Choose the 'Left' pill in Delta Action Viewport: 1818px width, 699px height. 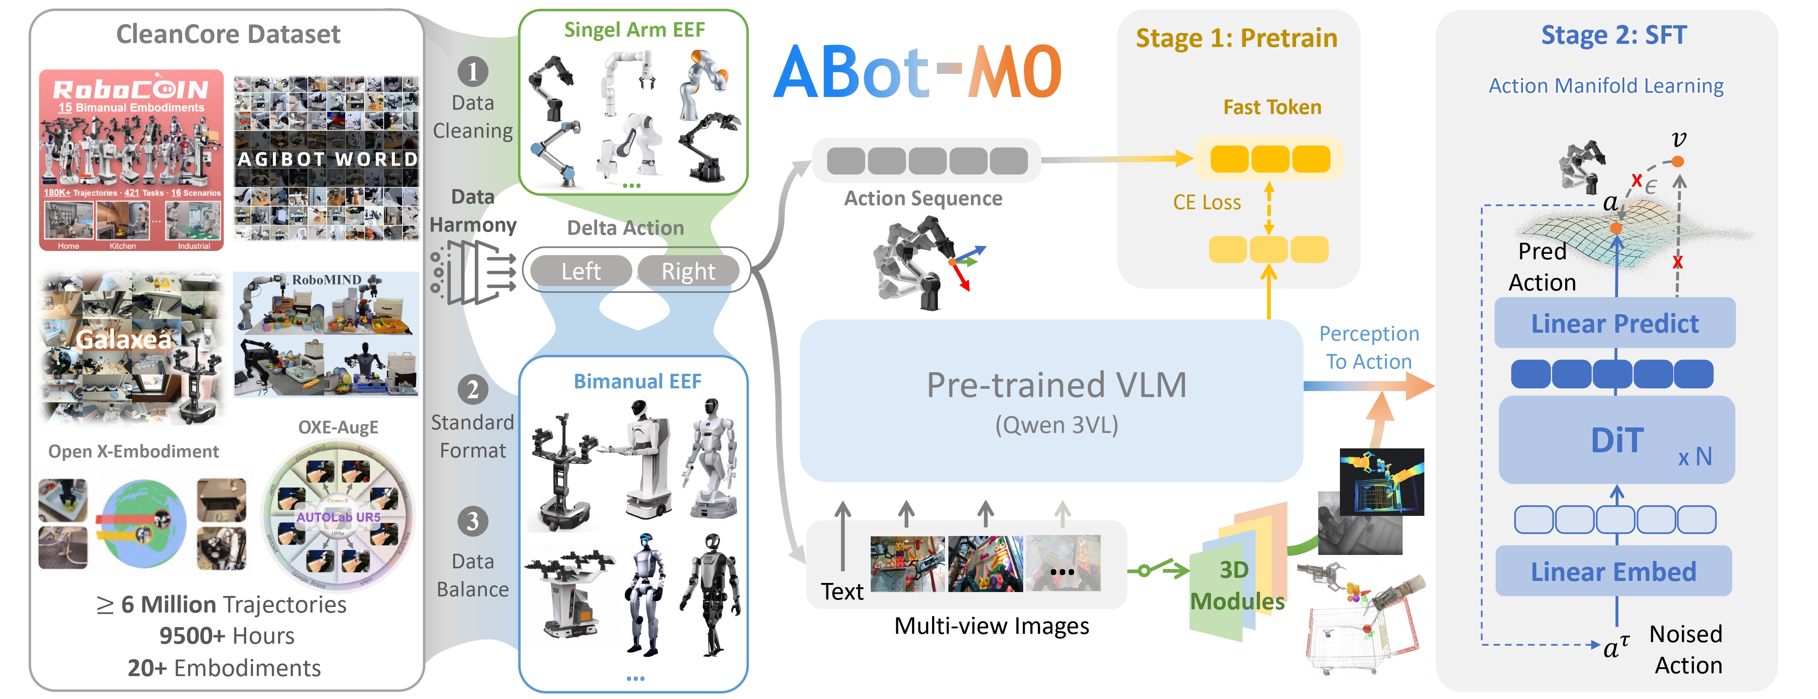pyautogui.click(x=581, y=271)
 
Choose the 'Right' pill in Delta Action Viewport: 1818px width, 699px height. pyautogui.click(x=688, y=271)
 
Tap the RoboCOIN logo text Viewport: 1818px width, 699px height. pyautogui.click(x=131, y=89)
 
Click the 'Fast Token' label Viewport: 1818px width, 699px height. pyautogui.click(x=1272, y=107)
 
